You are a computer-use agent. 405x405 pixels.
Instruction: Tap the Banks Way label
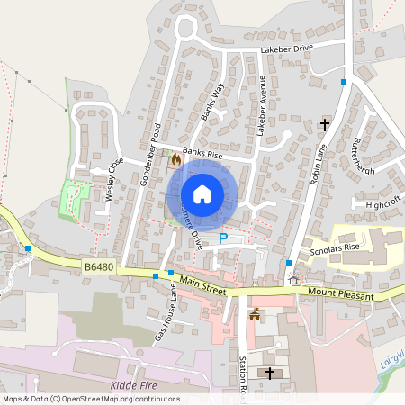point(212,102)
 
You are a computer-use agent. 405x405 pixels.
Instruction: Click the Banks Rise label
point(202,153)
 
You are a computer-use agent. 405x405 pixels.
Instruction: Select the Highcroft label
point(383,205)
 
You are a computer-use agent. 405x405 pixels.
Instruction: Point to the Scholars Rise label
point(335,247)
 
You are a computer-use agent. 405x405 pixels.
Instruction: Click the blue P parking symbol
point(223,238)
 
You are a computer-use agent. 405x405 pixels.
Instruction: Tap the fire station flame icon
point(175,158)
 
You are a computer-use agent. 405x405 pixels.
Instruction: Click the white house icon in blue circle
point(202,193)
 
